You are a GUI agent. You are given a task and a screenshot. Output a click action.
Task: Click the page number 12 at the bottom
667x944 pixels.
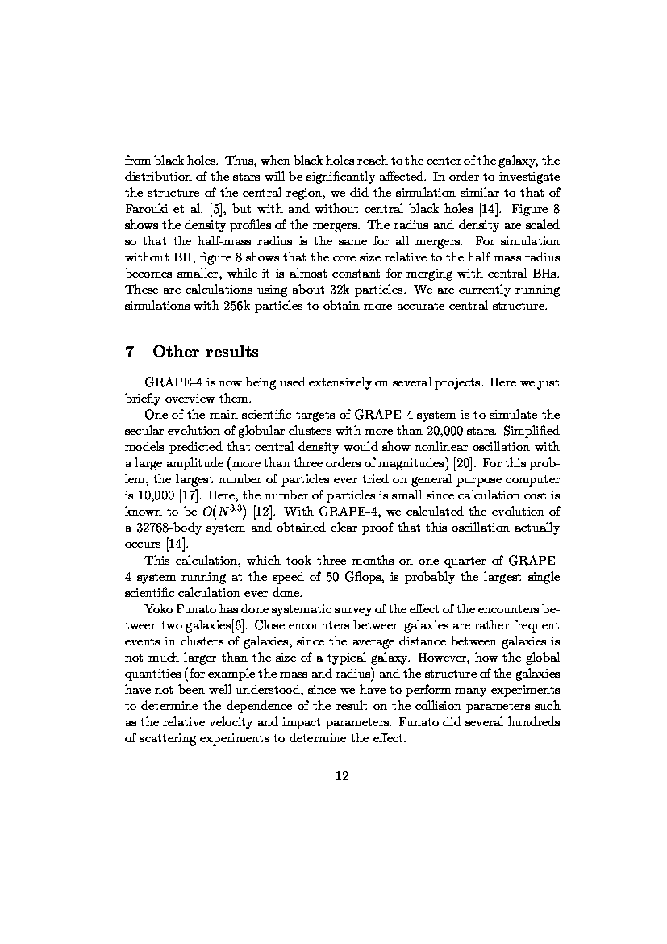click(x=341, y=776)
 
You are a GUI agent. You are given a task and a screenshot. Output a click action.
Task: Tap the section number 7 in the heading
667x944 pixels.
click(x=129, y=352)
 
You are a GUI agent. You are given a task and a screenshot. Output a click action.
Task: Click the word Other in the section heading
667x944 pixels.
click(x=171, y=352)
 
